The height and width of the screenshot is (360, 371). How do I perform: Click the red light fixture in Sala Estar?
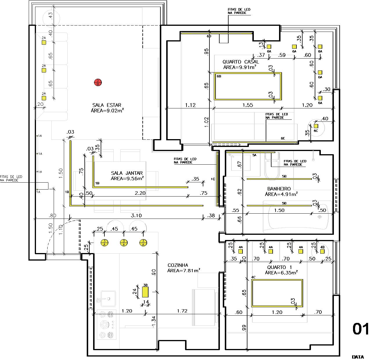(98, 82)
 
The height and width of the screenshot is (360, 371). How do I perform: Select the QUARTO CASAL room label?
(240, 62)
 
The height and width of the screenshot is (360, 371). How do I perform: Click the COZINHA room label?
(178, 265)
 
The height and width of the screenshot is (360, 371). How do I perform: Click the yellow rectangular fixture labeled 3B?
(145, 292)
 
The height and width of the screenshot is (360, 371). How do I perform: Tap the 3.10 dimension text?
(136, 215)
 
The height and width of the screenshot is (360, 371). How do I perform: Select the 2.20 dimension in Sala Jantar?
(140, 193)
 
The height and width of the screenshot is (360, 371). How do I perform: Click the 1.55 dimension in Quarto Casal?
(248, 105)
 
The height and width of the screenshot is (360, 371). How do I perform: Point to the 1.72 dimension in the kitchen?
(182, 311)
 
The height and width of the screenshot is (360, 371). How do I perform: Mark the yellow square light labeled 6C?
(316, 126)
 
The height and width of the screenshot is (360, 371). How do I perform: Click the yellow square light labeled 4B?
(322, 251)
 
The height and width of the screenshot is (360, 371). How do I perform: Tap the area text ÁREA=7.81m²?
(184, 270)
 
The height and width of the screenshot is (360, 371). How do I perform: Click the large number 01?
(360, 329)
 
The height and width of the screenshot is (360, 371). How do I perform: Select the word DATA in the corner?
(358, 357)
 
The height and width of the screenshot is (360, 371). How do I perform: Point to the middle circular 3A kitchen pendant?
(124, 243)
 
